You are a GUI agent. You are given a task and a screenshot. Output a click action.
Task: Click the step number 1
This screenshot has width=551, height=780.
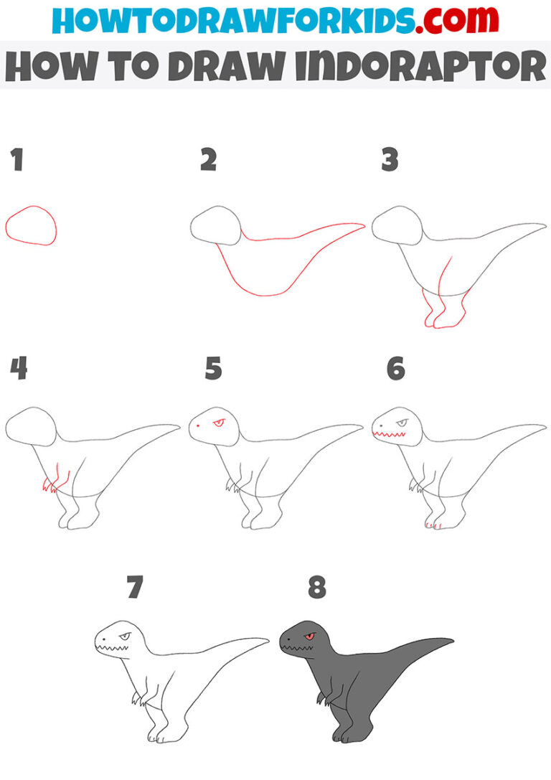17,160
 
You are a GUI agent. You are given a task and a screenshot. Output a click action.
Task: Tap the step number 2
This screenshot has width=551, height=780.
208,160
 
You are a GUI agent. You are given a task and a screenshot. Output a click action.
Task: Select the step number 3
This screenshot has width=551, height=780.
390,160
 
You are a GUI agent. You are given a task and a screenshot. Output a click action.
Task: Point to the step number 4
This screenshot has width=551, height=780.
19,369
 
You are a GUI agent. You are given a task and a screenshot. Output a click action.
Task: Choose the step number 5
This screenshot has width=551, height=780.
213,369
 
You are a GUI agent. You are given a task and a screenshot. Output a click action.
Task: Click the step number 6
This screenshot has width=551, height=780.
395,369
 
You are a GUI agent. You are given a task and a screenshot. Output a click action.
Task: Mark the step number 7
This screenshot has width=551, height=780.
134,588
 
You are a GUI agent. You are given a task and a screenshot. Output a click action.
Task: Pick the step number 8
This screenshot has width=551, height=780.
316,588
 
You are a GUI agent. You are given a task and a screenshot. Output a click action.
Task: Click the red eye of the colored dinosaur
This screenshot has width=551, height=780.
309,636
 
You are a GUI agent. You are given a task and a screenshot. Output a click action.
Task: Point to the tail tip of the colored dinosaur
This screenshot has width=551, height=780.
450,639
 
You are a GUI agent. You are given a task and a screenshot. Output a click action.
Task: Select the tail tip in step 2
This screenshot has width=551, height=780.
362,225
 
